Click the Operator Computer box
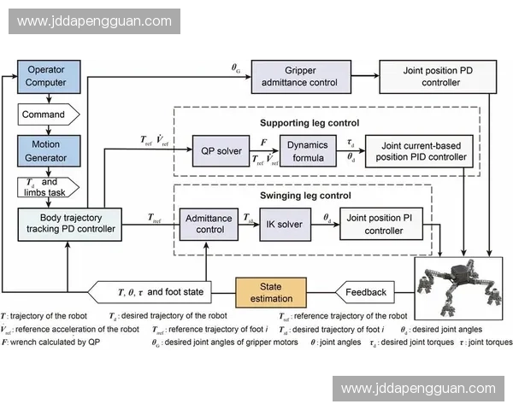click(x=47, y=76)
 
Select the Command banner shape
click(x=48, y=114)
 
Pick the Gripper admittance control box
click(x=300, y=76)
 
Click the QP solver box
click(x=219, y=152)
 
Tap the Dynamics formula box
click(x=308, y=151)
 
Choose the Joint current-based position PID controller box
click(x=417, y=151)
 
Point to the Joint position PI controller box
click(x=384, y=224)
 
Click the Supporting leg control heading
click(x=321, y=124)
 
